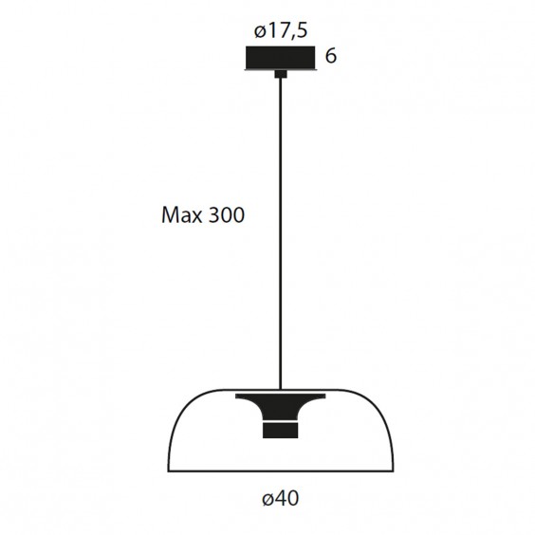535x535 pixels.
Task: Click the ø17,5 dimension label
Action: coord(281,31)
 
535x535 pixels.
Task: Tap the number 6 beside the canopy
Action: coord(331,56)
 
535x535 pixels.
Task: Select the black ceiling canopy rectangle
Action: coord(281,57)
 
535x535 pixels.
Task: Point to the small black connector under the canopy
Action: coord(281,74)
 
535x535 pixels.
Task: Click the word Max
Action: coord(181,215)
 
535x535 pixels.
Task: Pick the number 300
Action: coord(226,215)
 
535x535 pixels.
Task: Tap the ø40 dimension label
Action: coord(281,498)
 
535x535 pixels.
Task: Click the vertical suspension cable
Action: coord(281,233)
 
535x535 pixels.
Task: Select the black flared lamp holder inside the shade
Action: coord(281,407)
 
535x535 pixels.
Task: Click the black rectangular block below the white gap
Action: coord(281,432)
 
